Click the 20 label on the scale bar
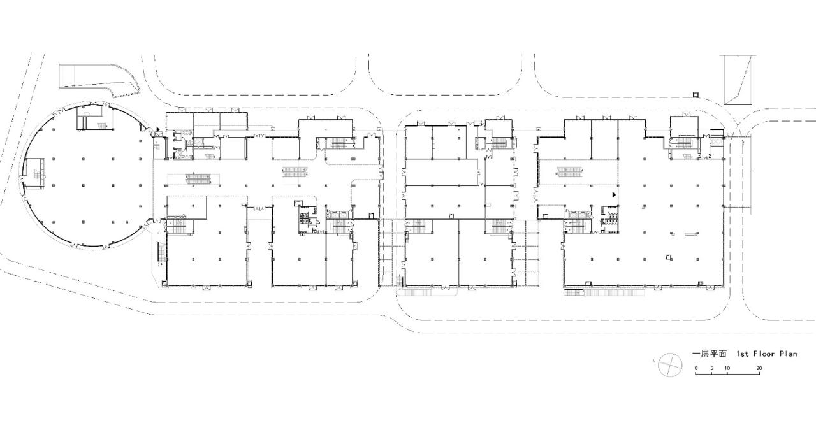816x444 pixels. click(759, 368)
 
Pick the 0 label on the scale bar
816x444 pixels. click(696, 368)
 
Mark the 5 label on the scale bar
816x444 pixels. click(711, 368)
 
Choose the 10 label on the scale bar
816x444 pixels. click(727, 368)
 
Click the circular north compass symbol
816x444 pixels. click(670, 364)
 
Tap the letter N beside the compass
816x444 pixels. click(654, 361)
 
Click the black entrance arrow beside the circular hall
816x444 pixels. click(158, 129)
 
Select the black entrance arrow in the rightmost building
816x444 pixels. click(615, 195)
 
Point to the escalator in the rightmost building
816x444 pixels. click(570, 170)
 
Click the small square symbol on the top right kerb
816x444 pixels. click(696, 96)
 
